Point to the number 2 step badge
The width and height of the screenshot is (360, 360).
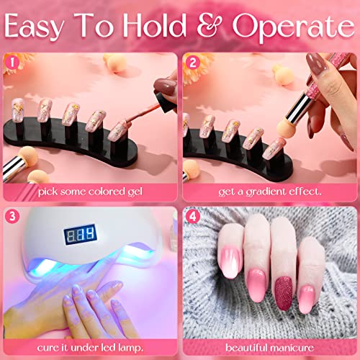192,62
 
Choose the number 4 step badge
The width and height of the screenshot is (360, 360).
192,215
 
